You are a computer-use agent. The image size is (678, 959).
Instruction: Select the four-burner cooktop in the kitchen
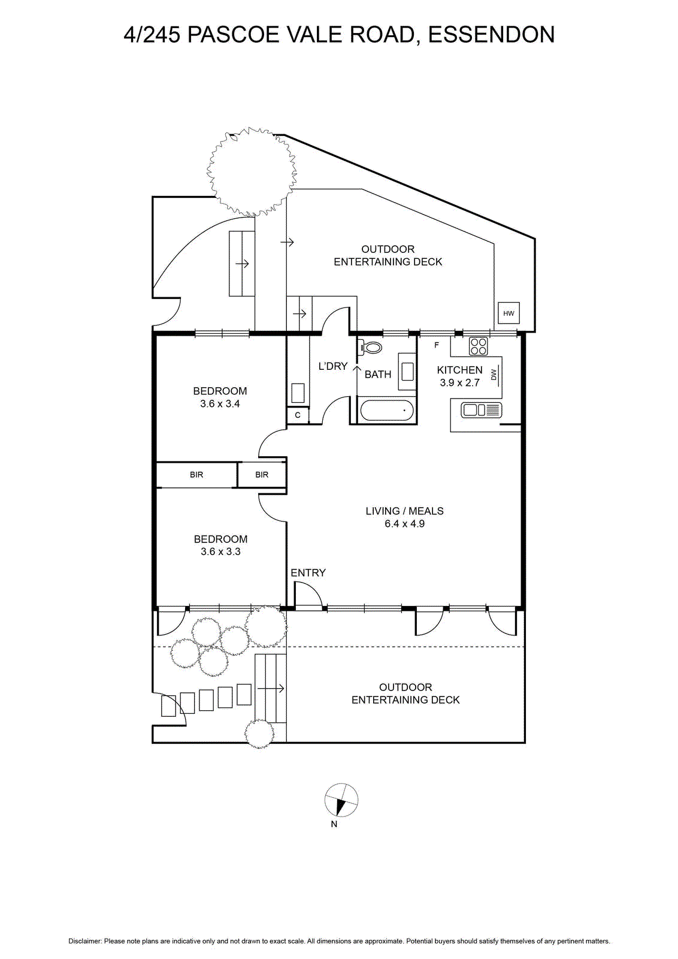[478, 346]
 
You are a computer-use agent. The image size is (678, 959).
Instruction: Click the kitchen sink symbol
[481, 410]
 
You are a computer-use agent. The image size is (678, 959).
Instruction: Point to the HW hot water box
[509, 313]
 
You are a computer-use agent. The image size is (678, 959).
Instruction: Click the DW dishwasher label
[494, 375]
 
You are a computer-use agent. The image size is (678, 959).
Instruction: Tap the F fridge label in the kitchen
[437, 345]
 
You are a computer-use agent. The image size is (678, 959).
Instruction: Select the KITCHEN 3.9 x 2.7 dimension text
[460, 376]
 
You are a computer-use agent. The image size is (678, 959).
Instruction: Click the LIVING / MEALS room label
[405, 511]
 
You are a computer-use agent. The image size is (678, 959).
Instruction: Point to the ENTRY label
[308, 572]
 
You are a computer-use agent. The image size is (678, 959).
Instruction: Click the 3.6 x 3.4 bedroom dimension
[220, 403]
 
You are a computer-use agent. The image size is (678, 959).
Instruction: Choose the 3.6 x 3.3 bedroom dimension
[221, 551]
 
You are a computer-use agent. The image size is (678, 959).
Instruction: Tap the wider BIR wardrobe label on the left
[196, 475]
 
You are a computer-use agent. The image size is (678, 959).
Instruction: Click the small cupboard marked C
[298, 415]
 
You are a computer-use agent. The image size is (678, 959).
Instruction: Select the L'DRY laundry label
[333, 366]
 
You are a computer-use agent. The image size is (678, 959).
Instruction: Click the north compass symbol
[341, 800]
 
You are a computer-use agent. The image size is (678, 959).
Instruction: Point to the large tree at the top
[252, 172]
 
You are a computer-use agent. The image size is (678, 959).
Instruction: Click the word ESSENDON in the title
[492, 35]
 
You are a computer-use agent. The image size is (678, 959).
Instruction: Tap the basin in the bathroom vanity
[407, 371]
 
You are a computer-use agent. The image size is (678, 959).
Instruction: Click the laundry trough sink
[298, 393]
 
